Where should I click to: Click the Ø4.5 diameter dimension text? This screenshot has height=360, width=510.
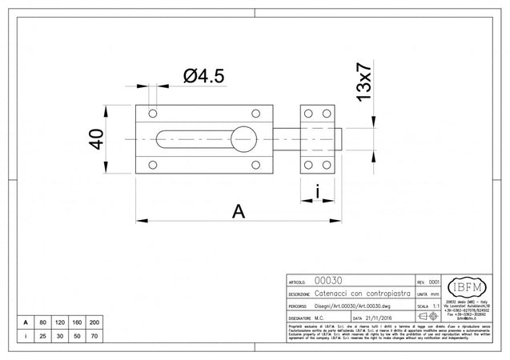(203, 76)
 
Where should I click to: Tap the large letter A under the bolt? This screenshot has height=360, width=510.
(238, 211)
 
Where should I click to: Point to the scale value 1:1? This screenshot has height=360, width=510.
(435, 306)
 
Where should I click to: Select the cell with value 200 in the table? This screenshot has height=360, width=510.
(94, 322)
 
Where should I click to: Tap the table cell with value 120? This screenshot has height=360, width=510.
(60, 322)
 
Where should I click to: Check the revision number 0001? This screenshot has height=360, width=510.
(435, 282)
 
